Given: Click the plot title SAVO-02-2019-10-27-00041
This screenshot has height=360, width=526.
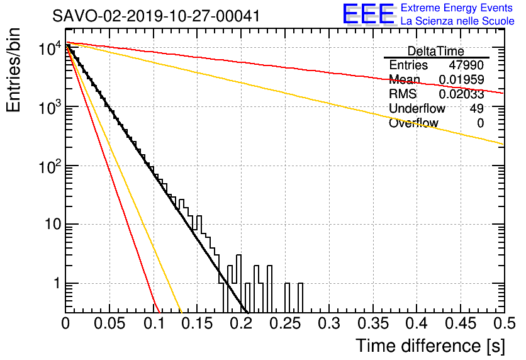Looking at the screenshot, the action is coord(156,16).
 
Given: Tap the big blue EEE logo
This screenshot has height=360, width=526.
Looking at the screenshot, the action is coord(368,14).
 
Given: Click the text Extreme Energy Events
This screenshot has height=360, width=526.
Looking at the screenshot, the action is coord(457,8).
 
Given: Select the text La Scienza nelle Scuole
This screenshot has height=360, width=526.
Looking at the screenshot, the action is coord(457,21).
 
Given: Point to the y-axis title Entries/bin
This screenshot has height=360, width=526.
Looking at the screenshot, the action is coord(14,70).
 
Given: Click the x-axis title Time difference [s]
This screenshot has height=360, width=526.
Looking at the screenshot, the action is coord(430,346).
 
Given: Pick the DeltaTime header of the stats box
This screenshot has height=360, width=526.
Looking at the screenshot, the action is coord(436,52).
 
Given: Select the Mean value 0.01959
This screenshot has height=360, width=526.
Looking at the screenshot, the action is coord(462,79).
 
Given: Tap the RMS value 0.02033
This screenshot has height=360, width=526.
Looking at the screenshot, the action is coord(462,94).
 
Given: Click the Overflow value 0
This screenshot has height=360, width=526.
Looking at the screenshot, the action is coord(480,123).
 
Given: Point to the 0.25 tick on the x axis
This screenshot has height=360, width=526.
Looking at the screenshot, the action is coord(286,323).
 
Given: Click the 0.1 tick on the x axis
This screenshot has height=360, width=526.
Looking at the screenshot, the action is coord(154,323).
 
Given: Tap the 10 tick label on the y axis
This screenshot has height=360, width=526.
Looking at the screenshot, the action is coord(53,224).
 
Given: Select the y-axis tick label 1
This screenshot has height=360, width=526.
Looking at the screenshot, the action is coord(57,283).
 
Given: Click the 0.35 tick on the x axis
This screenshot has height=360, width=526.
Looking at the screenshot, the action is coord(373,323).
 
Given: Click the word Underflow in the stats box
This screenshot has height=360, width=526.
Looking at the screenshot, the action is coord(417,108).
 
